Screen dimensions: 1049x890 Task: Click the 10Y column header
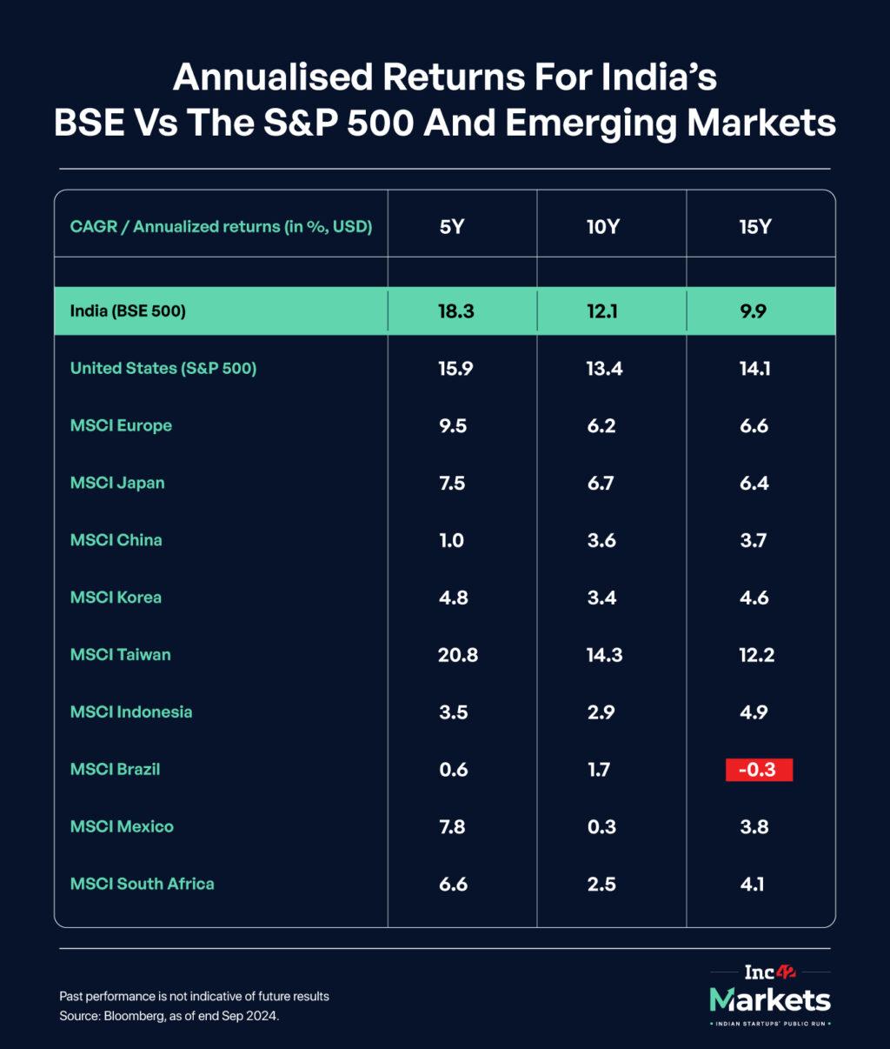602,227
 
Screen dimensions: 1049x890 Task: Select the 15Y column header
754,227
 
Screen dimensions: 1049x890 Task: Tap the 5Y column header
452,227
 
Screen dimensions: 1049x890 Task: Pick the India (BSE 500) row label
128,311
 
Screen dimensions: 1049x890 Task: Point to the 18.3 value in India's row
455,311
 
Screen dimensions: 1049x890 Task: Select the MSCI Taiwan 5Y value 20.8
457,655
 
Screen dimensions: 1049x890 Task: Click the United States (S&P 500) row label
163,368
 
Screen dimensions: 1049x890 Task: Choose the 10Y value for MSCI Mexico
601,827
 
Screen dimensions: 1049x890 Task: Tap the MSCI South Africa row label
143,884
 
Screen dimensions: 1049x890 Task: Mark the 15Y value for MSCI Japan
754,484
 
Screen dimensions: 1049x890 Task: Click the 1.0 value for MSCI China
451,540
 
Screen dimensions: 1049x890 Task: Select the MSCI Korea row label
116,598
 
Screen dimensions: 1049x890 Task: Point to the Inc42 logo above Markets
770,972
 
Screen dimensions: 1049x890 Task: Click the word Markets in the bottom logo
770,999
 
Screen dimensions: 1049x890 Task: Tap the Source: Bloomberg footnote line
169,1016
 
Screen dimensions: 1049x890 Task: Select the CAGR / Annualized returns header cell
221,227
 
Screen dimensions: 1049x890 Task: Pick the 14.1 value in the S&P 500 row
754,369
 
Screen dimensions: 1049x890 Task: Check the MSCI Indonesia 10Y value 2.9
601,712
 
